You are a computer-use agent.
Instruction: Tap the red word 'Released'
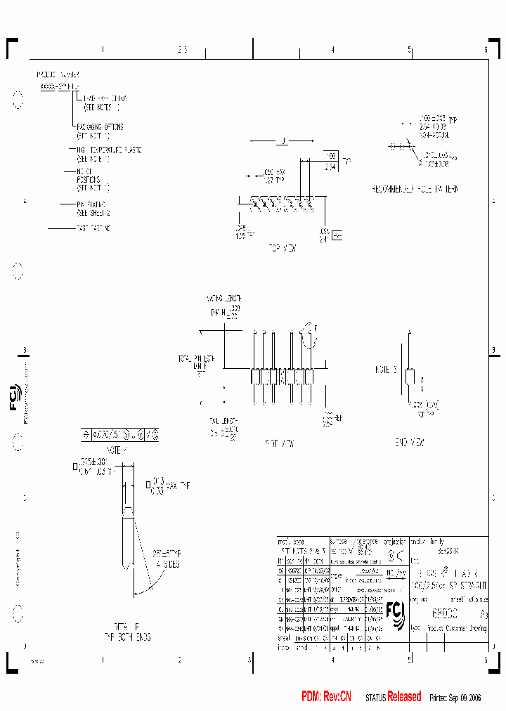[x=404, y=696]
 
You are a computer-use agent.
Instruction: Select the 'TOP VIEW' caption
[x=283, y=248]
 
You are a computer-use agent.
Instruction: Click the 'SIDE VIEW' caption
[x=279, y=443]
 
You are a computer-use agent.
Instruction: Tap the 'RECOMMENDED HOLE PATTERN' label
[x=415, y=190]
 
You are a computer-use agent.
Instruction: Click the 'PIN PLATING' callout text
[x=93, y=204]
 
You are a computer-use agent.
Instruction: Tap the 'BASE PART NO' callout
[x=93, y=228]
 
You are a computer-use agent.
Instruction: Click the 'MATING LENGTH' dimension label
[x=223, y=298]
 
